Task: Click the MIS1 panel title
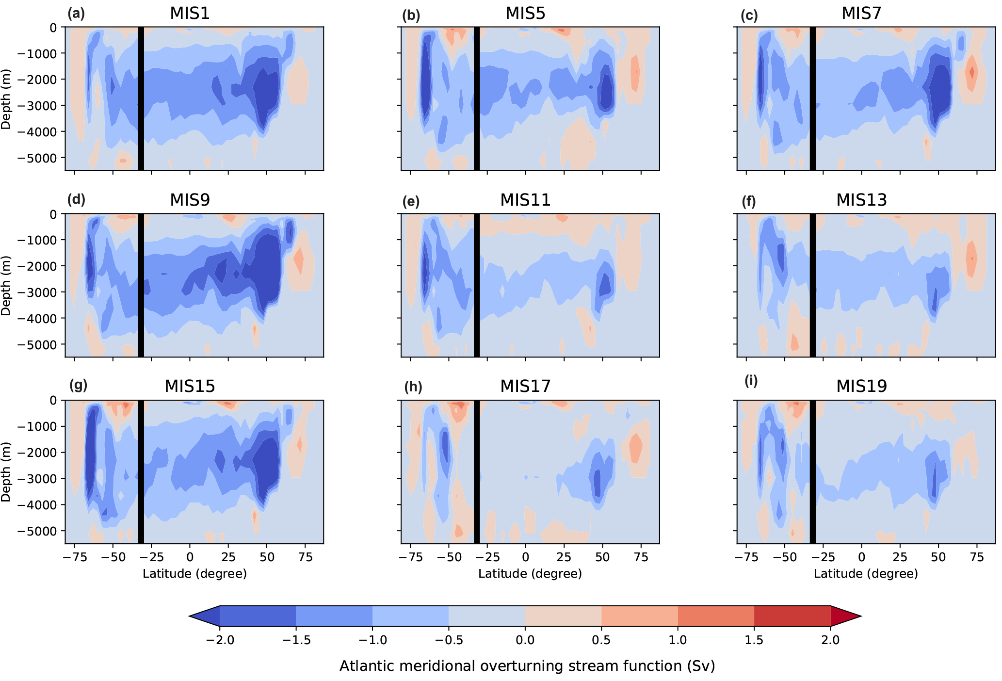pyautogui.click(x=190, y=14)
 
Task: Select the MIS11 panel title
pyautogui.click(x=525, y=200)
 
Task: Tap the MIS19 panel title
pyautogui.click(x=861, y=387)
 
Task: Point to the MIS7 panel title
pyautogui.click(x=861, y=14)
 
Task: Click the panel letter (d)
pyautogui.click(x=77, y=200)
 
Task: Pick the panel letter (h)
pyautogui.click(x=413, y=387)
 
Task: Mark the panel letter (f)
pyautogui.click(x=749, y=201)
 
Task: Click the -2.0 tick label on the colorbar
pyautogui.click(x=220, y=640)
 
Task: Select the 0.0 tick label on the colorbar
pyautogui.click(x=525, y=640)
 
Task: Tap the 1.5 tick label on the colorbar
pyautogui.click(x=754, y=640)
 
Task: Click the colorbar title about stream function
pyautogui.click(x=527, y=666)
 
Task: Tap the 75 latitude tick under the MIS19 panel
pyautogui.click(x=977, y=557)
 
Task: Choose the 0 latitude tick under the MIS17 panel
pyautogui.click(x=525, y=557)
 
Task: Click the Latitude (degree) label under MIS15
pyautogui.click(x=194, y=574)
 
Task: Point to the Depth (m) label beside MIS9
pyautogui.click(x=6, y=286)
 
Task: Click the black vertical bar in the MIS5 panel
pyautogui.click(x=477, y=99)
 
